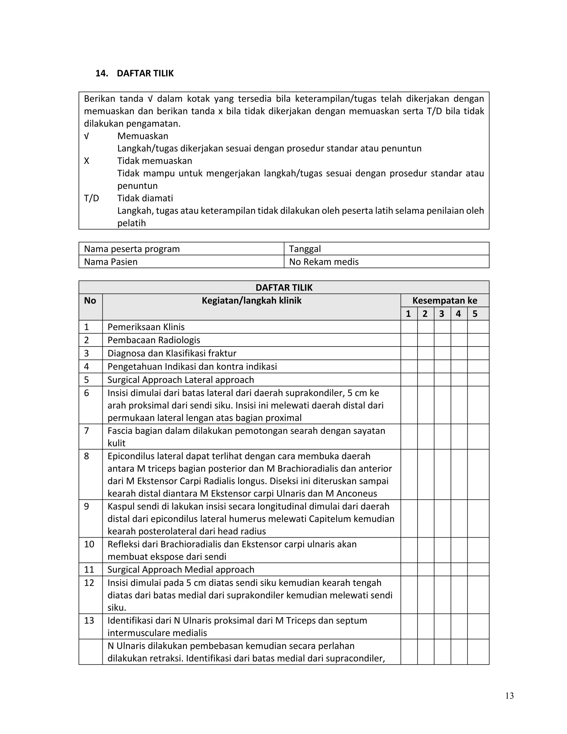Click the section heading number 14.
click(101, 74)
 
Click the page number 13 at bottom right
click(509, 696)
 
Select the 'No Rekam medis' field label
click(324, 262)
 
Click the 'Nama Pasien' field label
click(110, 262)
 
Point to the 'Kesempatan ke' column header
click(444, 301)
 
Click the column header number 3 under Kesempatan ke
click(441, 314)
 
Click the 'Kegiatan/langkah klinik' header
click(251, 301)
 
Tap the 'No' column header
click(90, 301)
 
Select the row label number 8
click(87, 456)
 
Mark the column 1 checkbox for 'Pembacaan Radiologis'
click(409, 340)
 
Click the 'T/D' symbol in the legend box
click(91, 198)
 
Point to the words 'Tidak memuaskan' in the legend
click(154, 161)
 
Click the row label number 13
click(89, 620)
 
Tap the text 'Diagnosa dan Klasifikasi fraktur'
click(172, 353)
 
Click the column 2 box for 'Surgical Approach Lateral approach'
click(425, 379)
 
